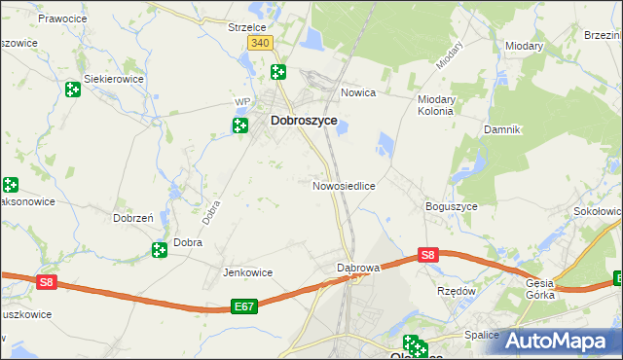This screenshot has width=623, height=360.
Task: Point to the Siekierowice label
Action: (114, 78)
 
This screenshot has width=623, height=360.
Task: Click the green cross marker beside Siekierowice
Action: (72, 90)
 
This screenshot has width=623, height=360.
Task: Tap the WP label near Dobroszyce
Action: (243, 101)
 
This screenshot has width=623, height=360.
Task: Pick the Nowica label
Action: (358, 93)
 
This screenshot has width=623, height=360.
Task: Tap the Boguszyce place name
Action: (450, 206)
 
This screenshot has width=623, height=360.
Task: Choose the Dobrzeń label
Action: (132, 219)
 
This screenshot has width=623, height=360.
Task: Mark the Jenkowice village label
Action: (247, 272)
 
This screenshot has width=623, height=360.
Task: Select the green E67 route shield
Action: (244, 306)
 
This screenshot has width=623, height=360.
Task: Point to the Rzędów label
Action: (456, 290)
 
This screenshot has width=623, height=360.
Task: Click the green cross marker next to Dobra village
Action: (160, 251)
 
